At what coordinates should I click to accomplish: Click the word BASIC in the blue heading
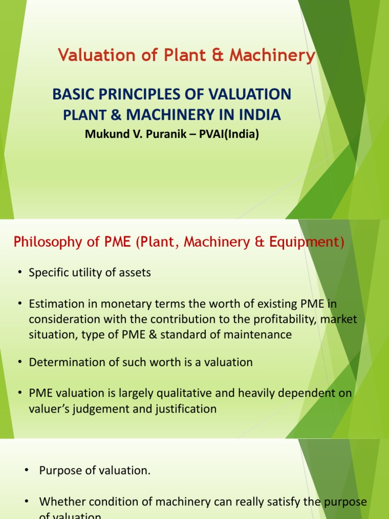point(72,94)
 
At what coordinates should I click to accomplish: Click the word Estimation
point(57,304)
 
